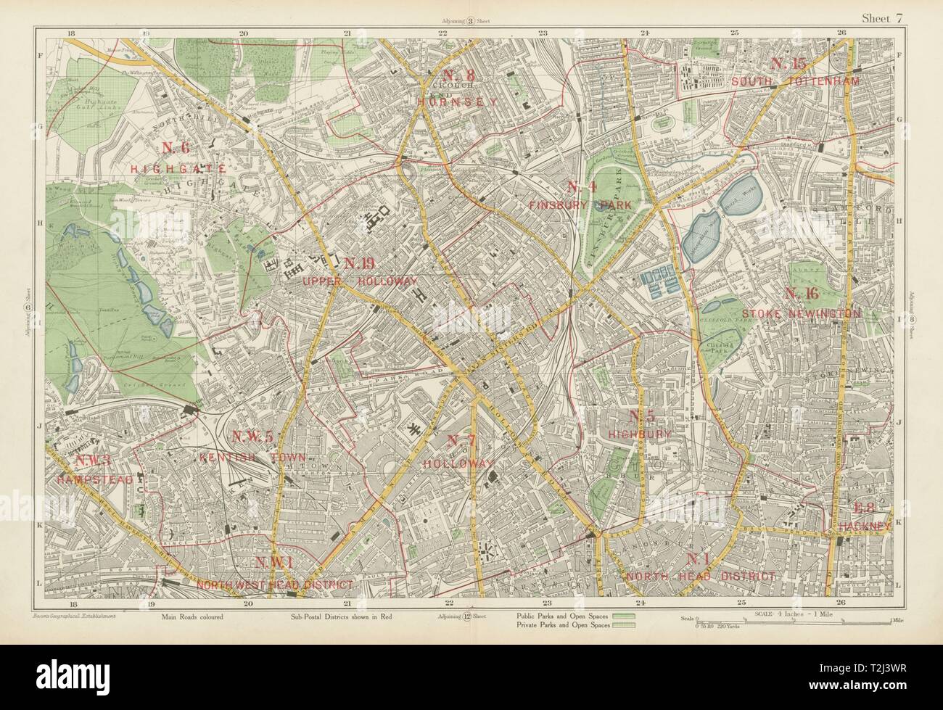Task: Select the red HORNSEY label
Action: pos(458,102)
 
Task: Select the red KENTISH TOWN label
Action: pos(252,457)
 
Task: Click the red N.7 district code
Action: pos(461,440)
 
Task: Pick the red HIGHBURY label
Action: pos(640,433)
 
